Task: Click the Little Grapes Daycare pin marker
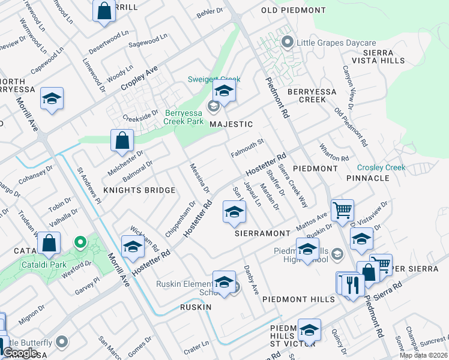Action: pos(287,43)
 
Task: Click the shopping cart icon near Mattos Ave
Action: pos(342,211)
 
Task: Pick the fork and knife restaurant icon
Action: pos(352,284)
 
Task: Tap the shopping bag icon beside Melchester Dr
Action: pos(122,141)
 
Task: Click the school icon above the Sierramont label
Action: pos(234,212)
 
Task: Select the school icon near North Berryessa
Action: pos(52,98)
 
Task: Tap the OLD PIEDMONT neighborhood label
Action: pos(294,10)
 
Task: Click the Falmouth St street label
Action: pos(247,148)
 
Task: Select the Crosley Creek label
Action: pos(381,168)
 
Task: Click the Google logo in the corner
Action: pos(20,353)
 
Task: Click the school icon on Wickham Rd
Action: pos(133,246)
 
